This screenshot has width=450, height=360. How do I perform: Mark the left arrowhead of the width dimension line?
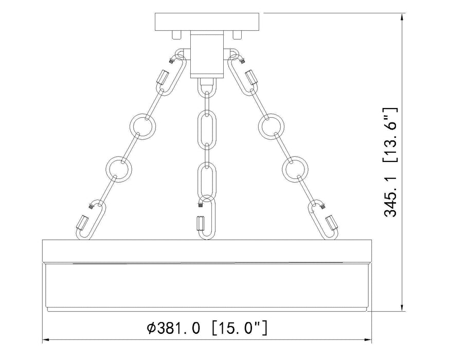[45, 340]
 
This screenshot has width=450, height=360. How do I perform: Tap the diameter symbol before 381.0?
[151, 328]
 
